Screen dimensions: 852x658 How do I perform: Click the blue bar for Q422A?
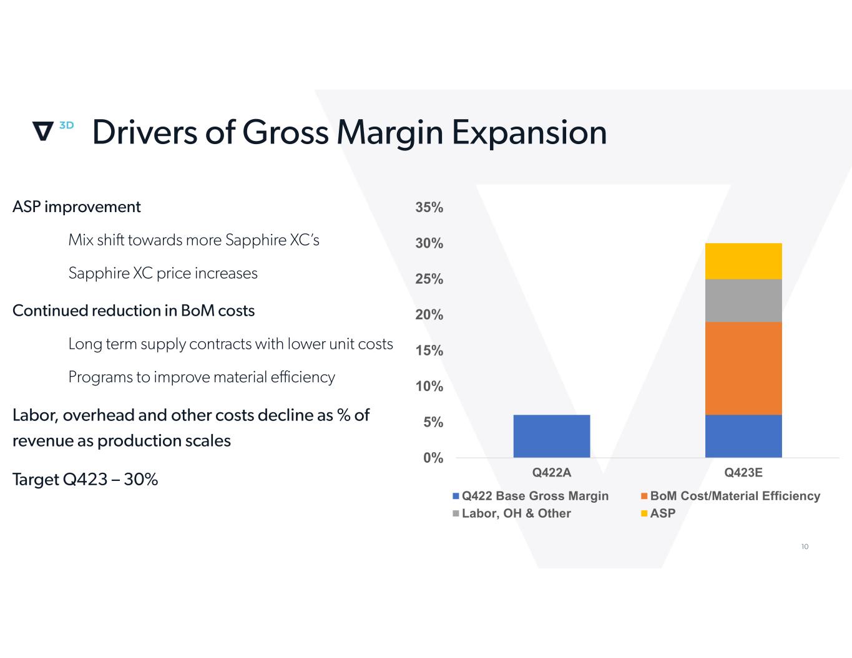tap(551, 436)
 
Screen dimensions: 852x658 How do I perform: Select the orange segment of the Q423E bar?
tap(743, 368)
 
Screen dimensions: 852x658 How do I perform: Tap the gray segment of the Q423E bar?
tap(743, 301)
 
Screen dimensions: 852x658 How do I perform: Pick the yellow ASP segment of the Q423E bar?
tap(743, 261)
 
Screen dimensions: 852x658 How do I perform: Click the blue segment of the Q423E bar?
tap(743, 436)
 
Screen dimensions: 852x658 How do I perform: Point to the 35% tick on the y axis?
tap(429, 207)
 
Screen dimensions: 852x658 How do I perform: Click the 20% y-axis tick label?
tap(429, 314)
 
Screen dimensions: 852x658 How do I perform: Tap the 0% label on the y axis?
tap(433, 457)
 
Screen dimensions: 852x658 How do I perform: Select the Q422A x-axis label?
tap(551, 472)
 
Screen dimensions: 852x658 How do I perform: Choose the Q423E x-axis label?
tap(743, 472)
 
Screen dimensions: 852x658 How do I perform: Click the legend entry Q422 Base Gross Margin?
tap(531, 496)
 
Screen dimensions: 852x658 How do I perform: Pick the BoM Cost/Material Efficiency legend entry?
tap(730, 496)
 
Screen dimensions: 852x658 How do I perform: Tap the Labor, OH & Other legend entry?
tap(512, 513)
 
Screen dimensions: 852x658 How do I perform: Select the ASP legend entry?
tap(659, 513)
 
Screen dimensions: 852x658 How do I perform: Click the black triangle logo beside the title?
tap(42, 130)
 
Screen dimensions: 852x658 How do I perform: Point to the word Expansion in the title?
tap(529, 133)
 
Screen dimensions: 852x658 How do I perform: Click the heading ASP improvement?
tap(76, 207)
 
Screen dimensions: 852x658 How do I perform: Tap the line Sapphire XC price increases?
tap(163, 273)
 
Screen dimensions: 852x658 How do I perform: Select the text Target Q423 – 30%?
tap(85, 480)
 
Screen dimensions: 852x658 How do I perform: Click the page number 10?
tap(805, 546)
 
